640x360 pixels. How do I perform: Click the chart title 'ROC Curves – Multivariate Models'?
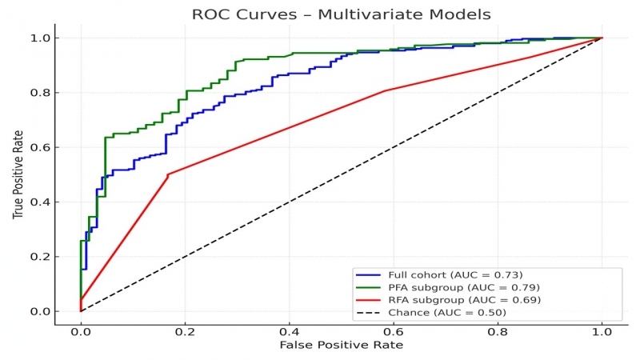click(x=341, y=14)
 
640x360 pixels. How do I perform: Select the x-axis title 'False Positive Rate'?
click(x=341, y=345)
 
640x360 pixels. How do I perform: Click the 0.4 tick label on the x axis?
click(x=289, y=330)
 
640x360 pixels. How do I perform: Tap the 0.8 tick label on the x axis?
click(x=498, y=330)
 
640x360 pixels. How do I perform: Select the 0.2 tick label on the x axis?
click(x=185, y=330)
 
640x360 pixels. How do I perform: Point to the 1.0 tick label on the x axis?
click(x=602, y=330)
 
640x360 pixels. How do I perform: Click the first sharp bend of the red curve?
click(x=167, y=174)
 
